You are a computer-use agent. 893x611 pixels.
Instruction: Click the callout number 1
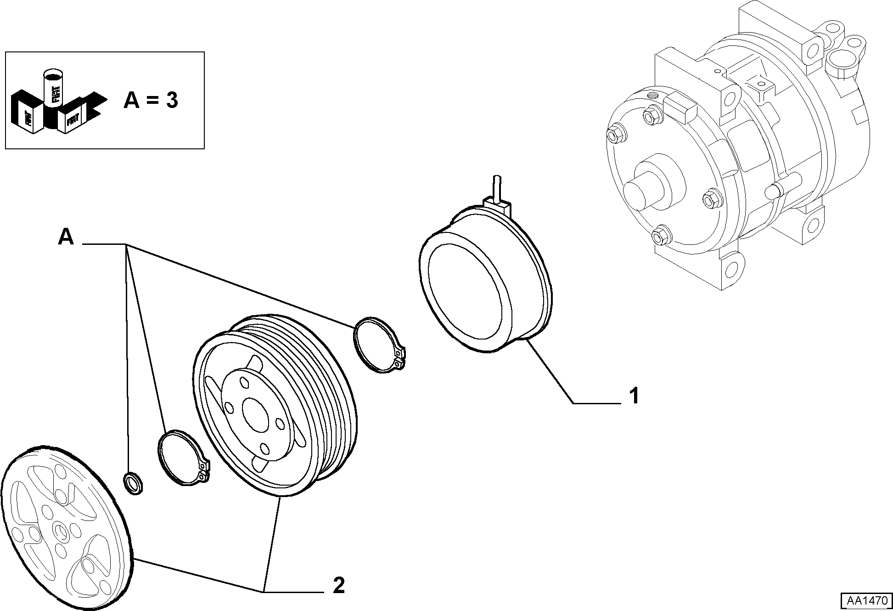pyautogui.click(x=634, y=396)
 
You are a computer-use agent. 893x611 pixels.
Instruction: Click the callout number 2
pyautogui.click(x=338, y=585)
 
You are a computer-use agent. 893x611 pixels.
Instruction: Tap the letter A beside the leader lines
pyautogui.click(x=66, y=238)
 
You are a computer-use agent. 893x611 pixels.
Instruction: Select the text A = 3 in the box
pyautogui.click(x=151, y=100)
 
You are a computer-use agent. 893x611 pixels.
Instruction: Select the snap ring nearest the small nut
pyautogui.click(x=183, y=458)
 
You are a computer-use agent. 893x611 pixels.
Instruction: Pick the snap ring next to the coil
pyautogui.click(x=380, y=344)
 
